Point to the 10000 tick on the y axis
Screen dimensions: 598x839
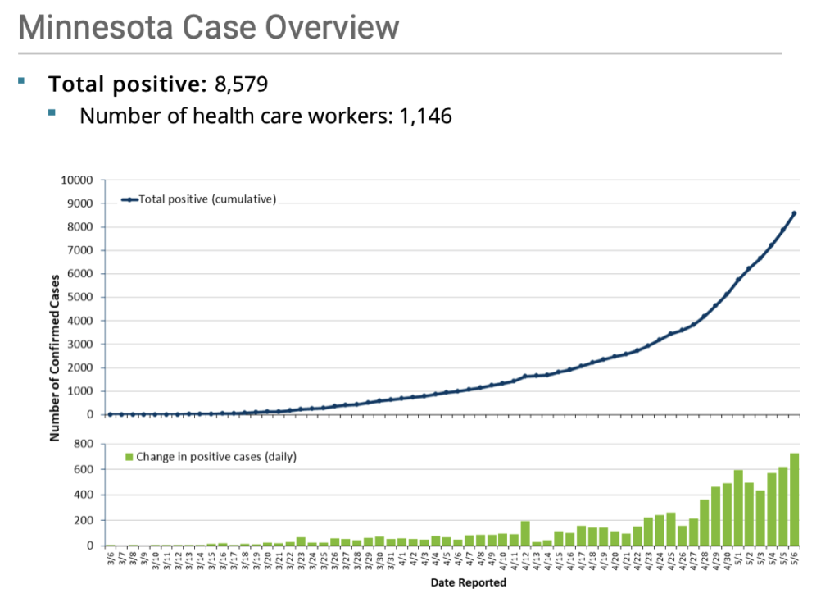pyautogui.click(x=79, y=180)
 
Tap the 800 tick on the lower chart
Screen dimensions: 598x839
pyautogui.click(x=86, y=445)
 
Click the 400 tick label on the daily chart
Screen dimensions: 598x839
pyautogui.click(x=86, y=495)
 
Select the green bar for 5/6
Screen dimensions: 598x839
pyautogui.click(x=794, y=500)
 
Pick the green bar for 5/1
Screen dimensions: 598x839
pyautogui.click(x=738, y=509)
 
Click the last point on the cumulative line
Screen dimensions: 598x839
pyautogui.click(x=794, y=213)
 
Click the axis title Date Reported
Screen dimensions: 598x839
pyautogui.click(x=468, y=583)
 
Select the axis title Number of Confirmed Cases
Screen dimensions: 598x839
pyautogui.click(x=55, y=356)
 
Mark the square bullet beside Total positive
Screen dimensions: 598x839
pyautogui.click(x=22, y=80)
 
